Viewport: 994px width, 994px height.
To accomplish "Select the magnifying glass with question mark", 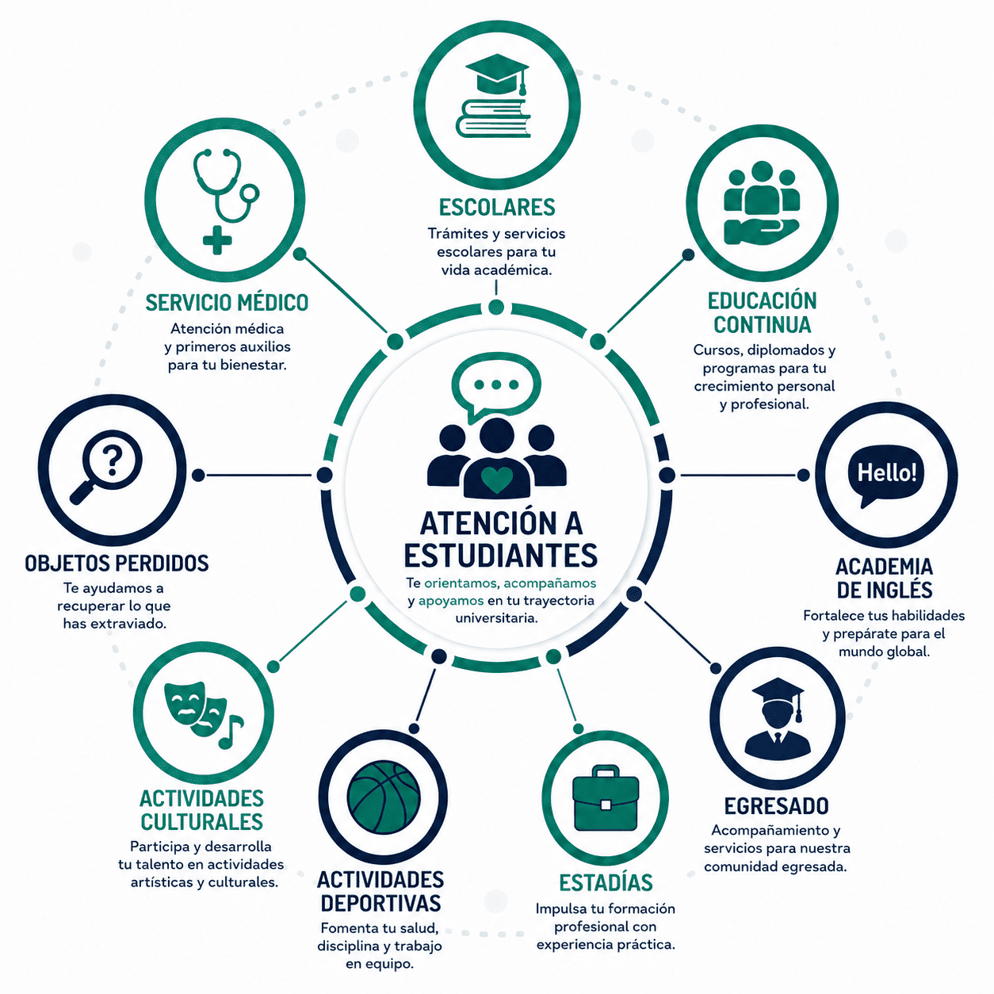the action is (106, 466).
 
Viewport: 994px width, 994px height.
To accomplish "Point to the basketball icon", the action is (384, 797).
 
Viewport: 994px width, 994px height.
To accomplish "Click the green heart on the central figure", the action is (497, 480).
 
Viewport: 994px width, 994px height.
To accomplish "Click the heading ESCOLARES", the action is (497, 208).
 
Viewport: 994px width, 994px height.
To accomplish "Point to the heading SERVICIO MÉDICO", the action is (227, 302).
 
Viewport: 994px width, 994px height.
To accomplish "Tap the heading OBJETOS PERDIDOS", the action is (117, 564).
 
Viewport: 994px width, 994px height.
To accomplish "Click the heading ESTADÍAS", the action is (606, 882).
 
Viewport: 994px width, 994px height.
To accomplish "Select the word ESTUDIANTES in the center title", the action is (500, 555).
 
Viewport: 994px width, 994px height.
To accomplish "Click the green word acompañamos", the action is (550, 583).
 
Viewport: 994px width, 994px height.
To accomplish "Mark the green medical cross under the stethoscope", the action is (217, 240).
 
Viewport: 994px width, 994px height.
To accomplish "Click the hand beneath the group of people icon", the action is (762, 232).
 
